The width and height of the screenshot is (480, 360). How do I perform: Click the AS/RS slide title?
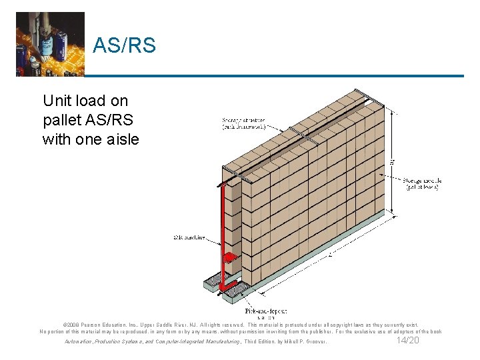124,46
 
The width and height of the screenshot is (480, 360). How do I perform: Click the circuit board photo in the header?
50,43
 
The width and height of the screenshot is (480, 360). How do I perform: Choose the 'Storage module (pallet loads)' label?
421,184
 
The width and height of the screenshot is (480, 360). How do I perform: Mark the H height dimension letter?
392,161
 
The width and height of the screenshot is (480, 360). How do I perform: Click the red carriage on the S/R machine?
229,257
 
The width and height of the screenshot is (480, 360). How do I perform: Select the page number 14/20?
407,340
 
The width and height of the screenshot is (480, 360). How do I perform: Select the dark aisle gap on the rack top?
300,134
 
